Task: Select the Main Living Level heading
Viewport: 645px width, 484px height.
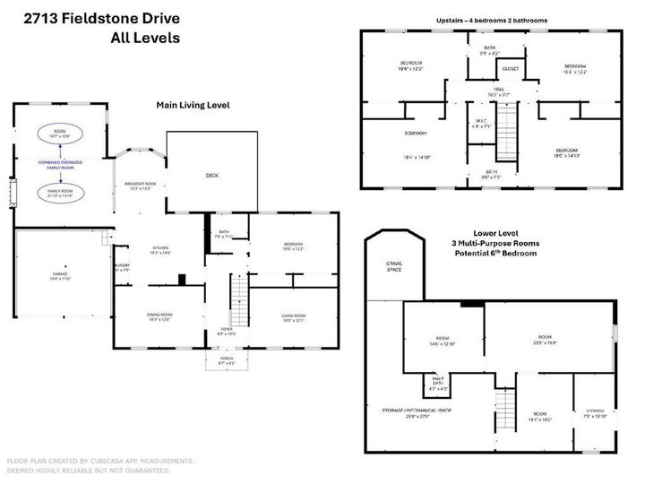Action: (193, 105)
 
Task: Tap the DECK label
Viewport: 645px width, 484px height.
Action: (212, 176)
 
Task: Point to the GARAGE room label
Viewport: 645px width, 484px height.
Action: (60, 276)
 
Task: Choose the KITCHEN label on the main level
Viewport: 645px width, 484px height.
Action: (160, 250)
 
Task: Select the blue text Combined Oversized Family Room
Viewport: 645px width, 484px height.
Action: (60, 165)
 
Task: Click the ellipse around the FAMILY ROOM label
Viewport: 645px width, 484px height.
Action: (60, 193)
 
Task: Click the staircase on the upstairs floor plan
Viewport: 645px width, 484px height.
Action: (508, 131)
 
